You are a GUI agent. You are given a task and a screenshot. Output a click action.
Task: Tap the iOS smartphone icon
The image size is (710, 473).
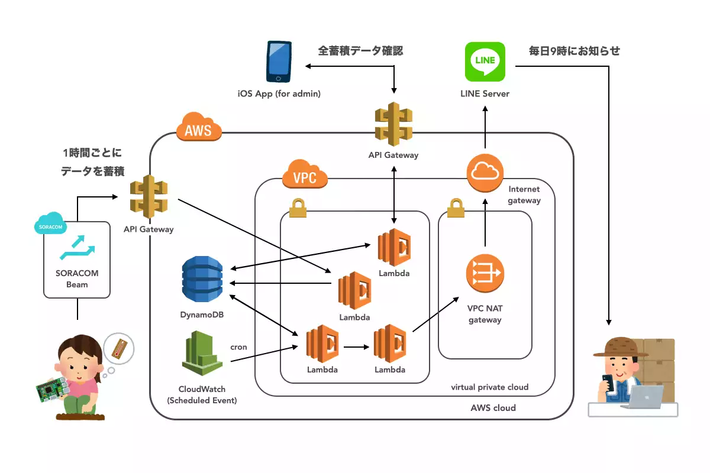point(279,61)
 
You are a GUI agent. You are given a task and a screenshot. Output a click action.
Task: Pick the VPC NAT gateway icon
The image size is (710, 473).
point(485,273)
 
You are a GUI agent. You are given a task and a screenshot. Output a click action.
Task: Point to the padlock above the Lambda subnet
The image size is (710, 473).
point(298,209)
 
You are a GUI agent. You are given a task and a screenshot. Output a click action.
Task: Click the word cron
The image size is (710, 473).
point(238,347)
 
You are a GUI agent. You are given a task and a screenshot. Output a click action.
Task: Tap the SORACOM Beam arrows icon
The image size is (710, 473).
point(76,250)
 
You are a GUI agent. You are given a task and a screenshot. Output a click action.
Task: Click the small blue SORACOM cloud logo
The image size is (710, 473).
point(50,224)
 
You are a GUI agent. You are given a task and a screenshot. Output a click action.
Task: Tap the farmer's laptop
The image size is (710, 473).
point(644,397)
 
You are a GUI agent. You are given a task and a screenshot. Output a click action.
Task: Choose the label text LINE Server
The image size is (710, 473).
point(485,93)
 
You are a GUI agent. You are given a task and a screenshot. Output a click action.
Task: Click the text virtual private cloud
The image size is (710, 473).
point(489,387)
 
